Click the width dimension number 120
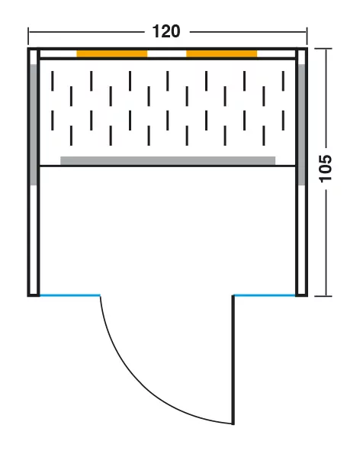[x=166, y=31]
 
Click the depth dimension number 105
[x=326, y=168]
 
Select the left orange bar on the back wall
[x=112, y=53]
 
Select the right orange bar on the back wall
[x=222, y=53]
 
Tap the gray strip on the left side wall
[x=34, y=124]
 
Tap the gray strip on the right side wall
[x=301, y=124]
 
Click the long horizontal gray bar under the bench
[x=168, y=161]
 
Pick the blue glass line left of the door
[x=70, y=295]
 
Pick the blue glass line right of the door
[x=265, y=295]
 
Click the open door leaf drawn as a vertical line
[x=233, y=359]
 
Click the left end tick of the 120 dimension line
[x=28, y=36]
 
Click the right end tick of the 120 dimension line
[x=307, y=36]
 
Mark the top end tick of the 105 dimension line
[x=323, y=49]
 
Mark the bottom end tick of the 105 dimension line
[x=323, y=296]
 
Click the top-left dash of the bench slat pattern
[x=53, y=81]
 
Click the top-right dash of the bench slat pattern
[x=283, y=81]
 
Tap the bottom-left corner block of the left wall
[x=34, y=295]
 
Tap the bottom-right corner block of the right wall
[x=301, y=295]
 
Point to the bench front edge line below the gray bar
[x=168, y=166]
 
